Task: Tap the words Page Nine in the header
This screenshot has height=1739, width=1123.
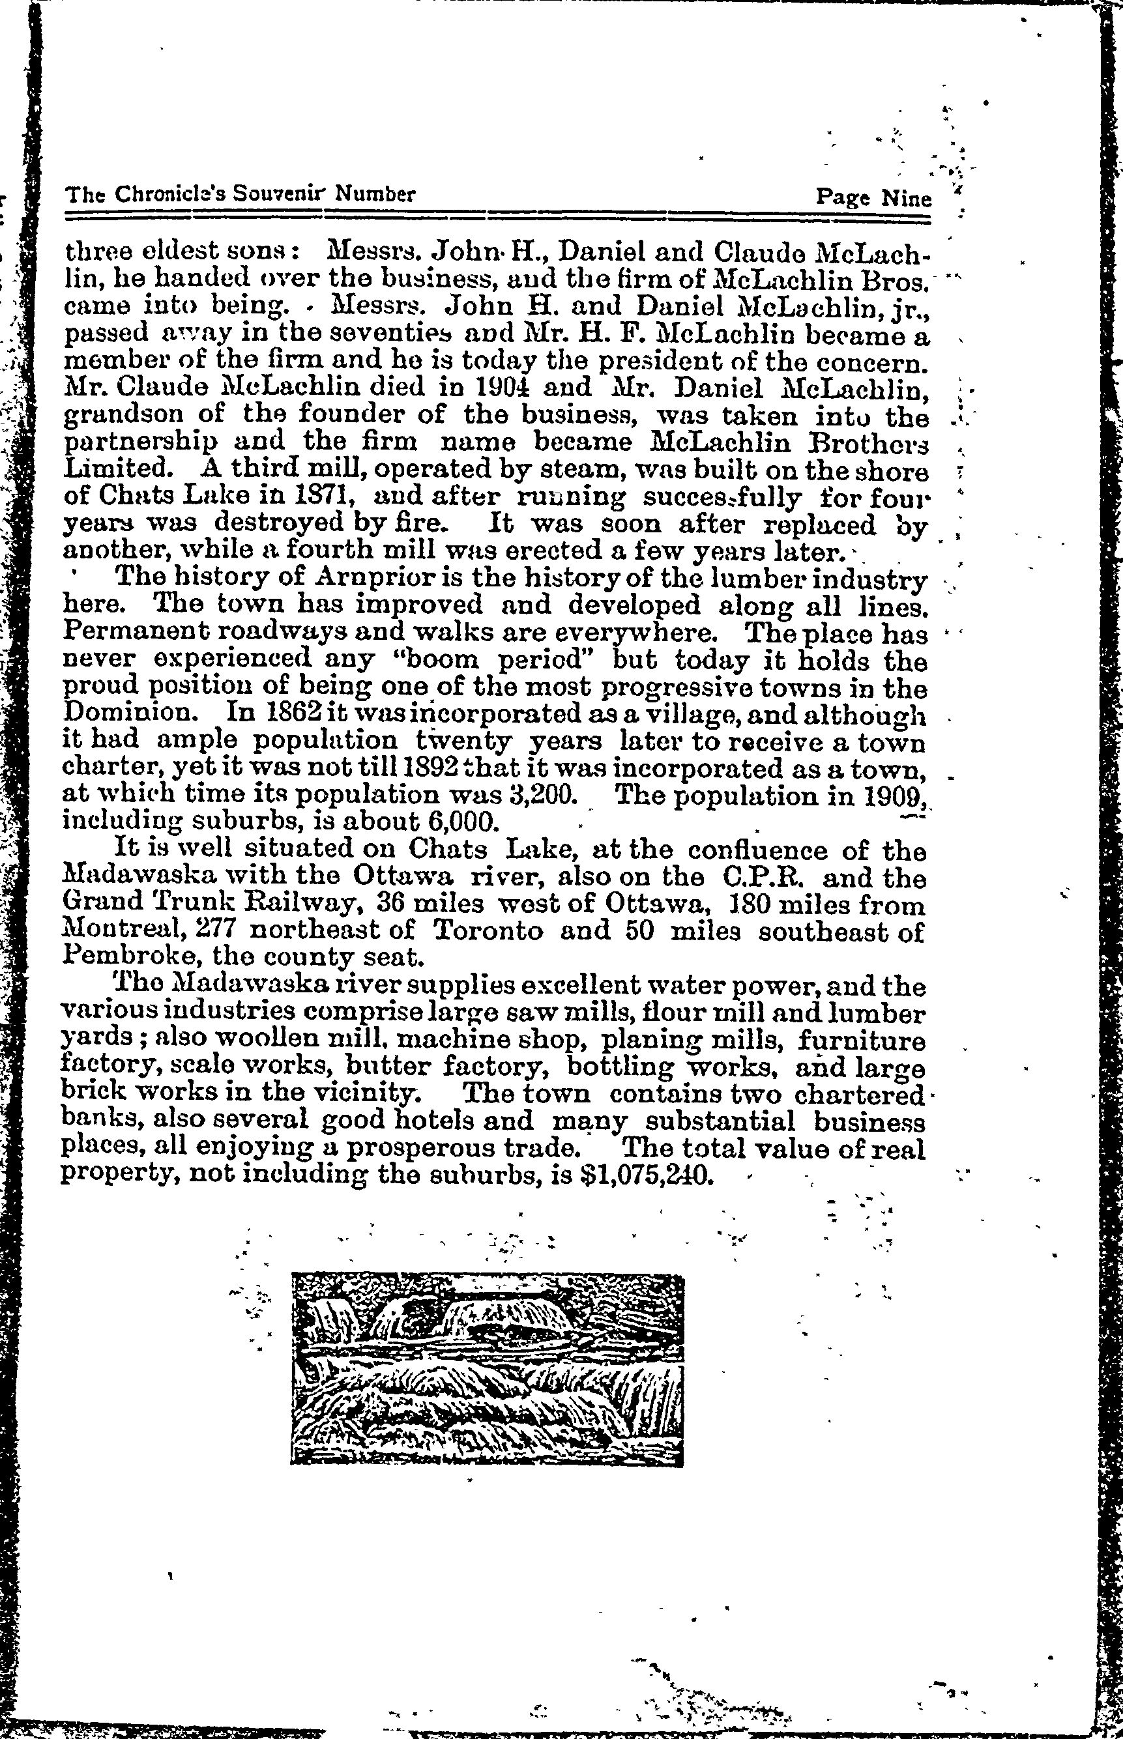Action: point(873,197)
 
